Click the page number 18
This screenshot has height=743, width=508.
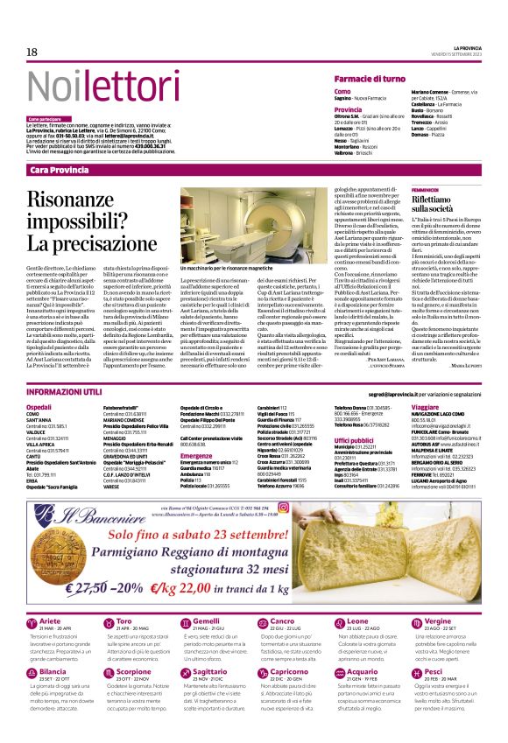click(32, 53)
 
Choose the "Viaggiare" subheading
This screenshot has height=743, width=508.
click(425, 407)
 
